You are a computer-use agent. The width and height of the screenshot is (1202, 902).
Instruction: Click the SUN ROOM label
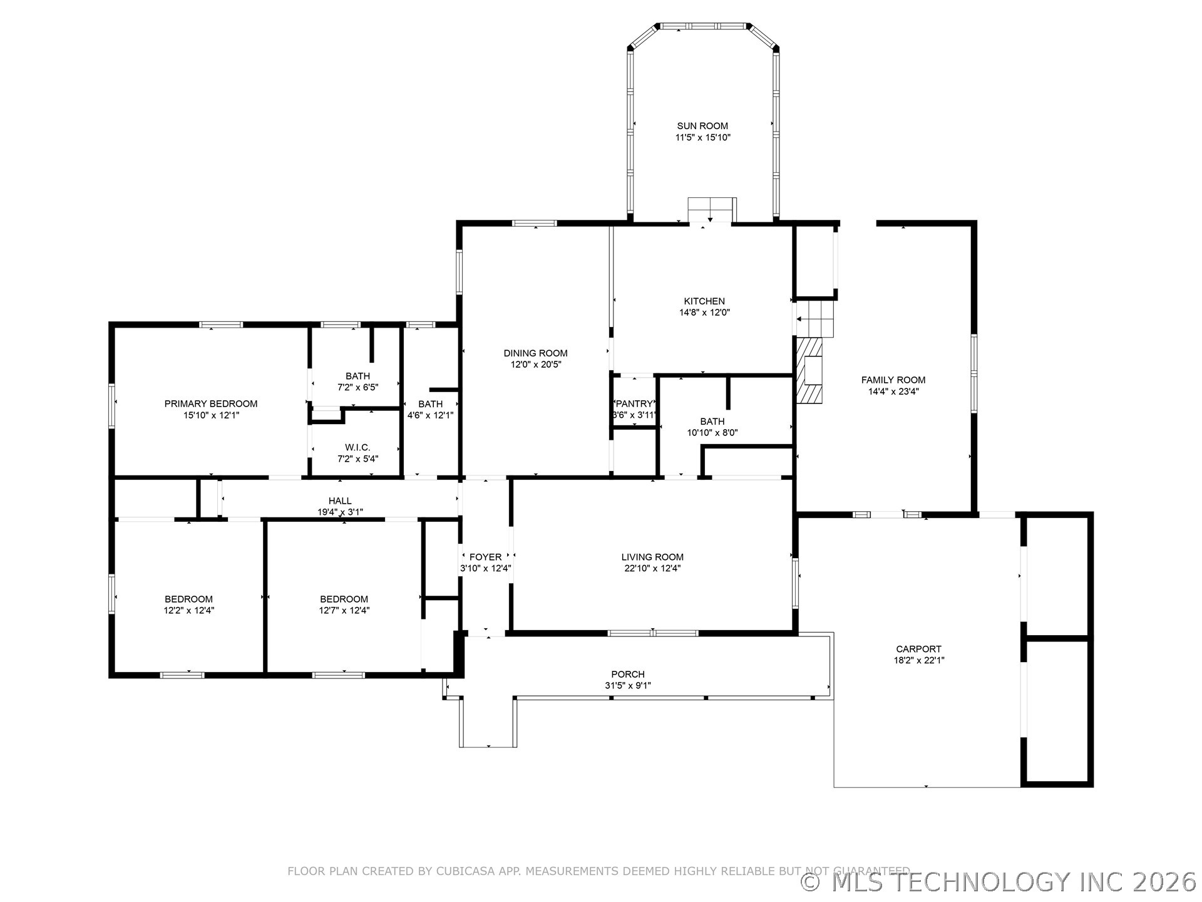[x=702, y=126]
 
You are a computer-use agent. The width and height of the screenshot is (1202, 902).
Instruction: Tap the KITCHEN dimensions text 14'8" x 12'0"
[x=704, y=312]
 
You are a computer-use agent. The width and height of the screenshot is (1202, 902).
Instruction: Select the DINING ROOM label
[x=535, y=353]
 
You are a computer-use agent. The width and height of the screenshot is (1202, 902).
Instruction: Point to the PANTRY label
[x=635, y=404]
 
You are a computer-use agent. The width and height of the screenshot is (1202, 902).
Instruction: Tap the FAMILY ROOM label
[x=893, y=380]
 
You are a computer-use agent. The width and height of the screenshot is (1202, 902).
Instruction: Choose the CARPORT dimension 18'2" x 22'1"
[x=918, y=660]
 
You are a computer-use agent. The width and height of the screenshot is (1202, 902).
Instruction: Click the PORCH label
[x=627, y=674]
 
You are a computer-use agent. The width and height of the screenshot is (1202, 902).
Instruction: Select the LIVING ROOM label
[x=652, y=557]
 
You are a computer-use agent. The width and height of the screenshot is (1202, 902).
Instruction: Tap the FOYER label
[x=485, y=557]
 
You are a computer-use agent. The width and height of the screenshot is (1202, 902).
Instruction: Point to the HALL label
[x=340, y=500]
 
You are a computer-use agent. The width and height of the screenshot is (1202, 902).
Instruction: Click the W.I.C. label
[x=357, y=447]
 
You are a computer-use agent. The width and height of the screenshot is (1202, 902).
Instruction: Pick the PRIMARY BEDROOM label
[x=211, y=403]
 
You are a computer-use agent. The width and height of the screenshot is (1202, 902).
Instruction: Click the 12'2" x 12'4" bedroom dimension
[x=188, y=610]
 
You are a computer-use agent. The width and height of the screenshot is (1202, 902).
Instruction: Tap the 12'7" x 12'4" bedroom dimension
[x=344, y=610]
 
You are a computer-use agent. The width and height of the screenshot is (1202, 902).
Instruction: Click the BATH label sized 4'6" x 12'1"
[x=430, y=404]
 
